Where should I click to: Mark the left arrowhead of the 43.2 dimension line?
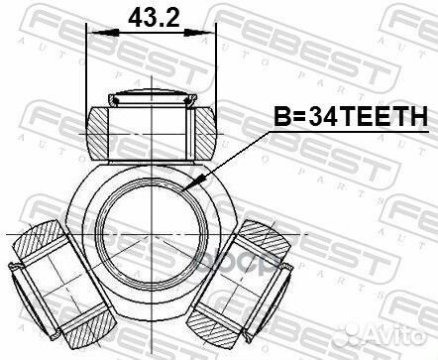[x=93, y=35]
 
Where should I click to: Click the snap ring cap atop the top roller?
[x=152, y=96]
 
